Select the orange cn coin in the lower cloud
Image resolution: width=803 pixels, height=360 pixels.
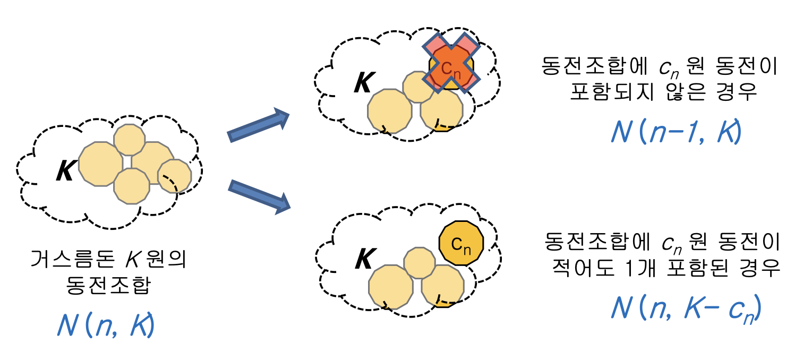click(461, 243)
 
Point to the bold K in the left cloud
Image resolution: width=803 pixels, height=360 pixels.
click(65, 172)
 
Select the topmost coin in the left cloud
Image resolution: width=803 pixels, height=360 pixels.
click(129, 140)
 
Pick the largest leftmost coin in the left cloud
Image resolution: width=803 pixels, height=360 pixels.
click(101, 164)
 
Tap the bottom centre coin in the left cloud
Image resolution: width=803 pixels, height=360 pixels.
click(132, 186)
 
